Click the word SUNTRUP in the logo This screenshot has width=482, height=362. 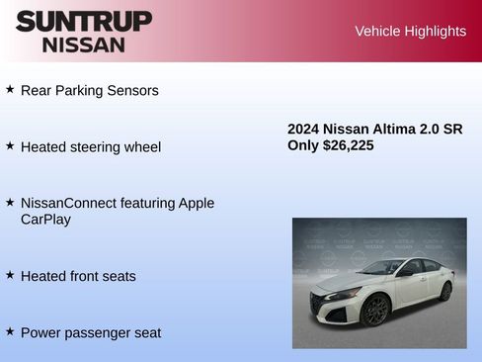coord(84,21)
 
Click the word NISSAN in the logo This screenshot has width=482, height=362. coord(84,44)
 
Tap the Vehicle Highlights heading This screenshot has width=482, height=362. coord(410,31)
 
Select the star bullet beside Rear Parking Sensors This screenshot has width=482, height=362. coord(10,89)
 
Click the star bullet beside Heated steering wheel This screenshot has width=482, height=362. coord(10,145)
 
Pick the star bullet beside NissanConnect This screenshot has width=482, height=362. coord(10,202)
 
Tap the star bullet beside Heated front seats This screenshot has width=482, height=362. coord(10,275)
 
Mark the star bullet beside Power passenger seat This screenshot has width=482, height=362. coord(10,331)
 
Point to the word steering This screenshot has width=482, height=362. coord(98,146)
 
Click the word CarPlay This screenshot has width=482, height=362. coord(45,220)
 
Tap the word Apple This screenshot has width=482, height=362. coord(196,203)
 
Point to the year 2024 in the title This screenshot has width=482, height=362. coord(304,129)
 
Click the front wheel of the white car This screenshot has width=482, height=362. coord(373,311)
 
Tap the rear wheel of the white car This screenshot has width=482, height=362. coord(445,291)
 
